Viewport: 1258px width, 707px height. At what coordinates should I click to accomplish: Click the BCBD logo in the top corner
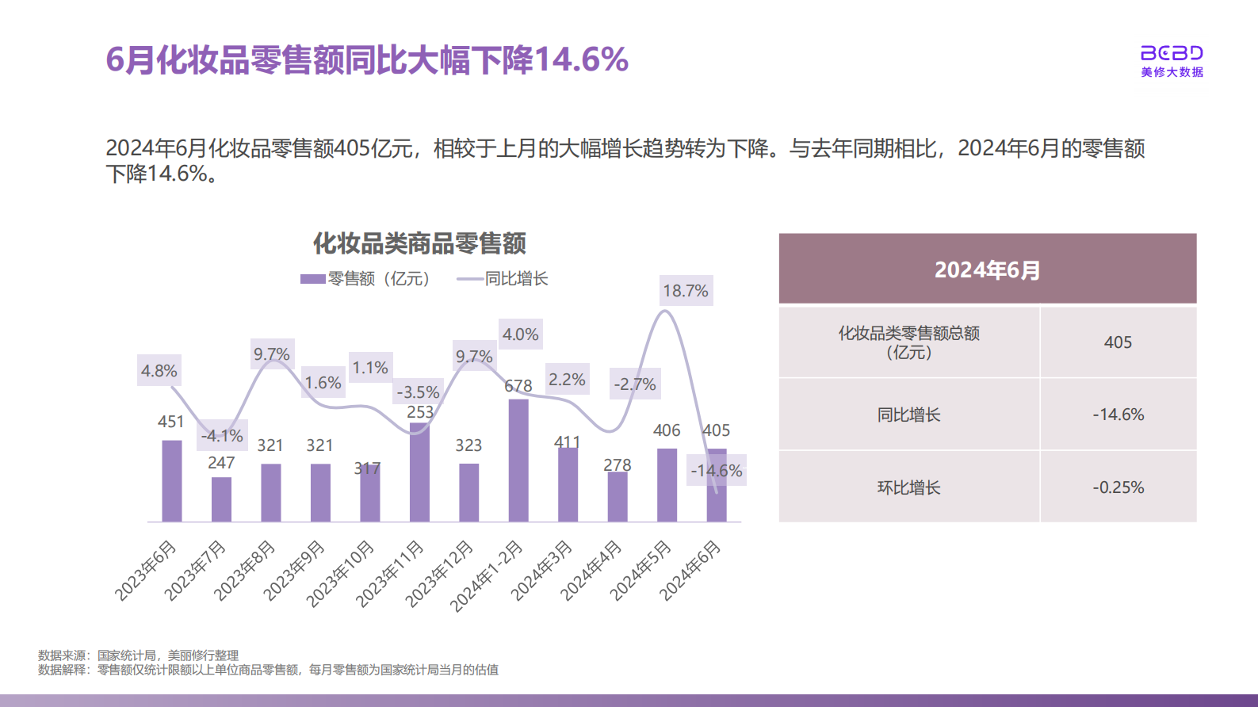[1171, 60]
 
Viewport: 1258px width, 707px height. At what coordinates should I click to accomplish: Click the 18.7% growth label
[686, 291]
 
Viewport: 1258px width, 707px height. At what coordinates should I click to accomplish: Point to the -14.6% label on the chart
[717, 471]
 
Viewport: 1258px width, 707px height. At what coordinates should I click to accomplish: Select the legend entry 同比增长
[503, 279]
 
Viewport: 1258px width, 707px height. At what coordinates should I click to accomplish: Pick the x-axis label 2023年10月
[341, 573]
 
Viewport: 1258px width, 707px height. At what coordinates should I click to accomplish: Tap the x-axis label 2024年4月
[591, 570]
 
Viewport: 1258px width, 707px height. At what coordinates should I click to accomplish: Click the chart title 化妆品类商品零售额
[419, 243]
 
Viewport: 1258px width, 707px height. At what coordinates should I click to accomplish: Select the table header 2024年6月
[987, 269]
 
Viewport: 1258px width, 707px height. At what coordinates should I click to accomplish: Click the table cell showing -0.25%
[1118, 487]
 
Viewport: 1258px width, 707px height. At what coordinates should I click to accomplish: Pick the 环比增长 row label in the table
[908, 487]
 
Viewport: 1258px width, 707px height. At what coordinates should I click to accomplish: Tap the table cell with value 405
[1118, 342]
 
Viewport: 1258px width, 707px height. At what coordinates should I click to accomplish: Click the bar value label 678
[518, 386]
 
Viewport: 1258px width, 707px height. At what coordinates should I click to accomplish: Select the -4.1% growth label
[222, 436]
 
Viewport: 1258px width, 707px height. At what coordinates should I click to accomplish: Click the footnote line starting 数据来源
[139, 655]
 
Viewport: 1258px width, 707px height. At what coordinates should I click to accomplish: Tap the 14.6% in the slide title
[581, 59]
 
